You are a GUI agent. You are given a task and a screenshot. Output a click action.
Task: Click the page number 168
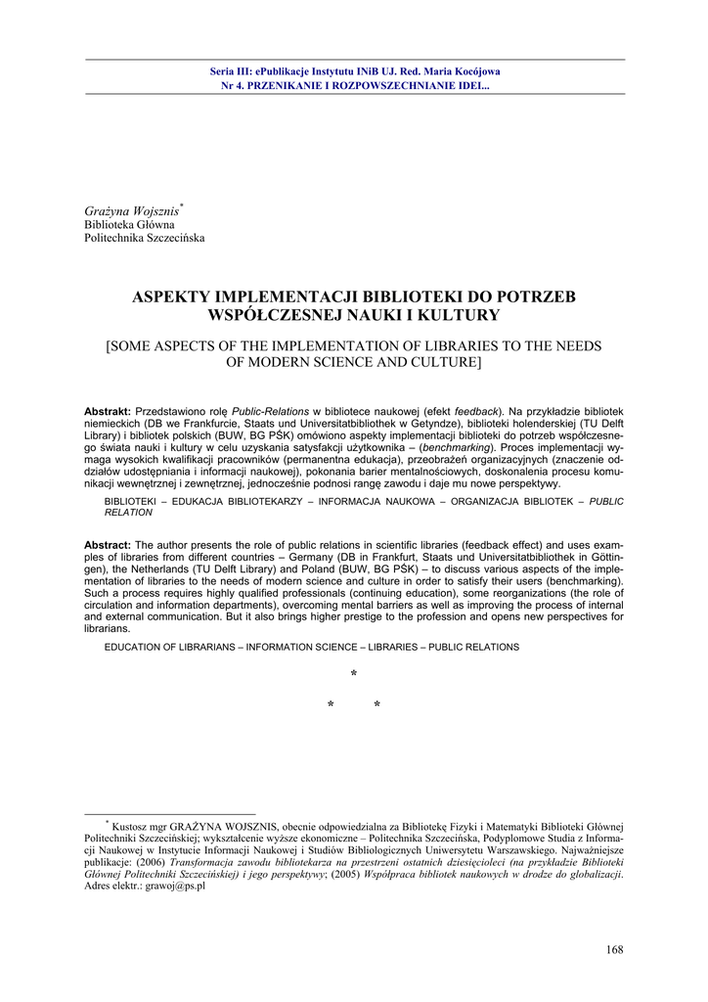614,949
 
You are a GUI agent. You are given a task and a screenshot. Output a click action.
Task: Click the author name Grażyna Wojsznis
132,210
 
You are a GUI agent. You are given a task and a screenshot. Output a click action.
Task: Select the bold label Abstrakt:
108,412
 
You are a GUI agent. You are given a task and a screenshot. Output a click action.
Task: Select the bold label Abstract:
108,545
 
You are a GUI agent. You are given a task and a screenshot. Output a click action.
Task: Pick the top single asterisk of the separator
353,675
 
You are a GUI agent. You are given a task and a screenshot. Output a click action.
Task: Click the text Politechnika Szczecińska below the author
145,238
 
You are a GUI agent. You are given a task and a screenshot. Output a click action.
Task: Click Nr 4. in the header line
234,85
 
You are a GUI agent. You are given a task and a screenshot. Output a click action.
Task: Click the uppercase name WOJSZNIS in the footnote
249,826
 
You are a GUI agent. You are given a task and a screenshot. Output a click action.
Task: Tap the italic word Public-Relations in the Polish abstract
271,412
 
